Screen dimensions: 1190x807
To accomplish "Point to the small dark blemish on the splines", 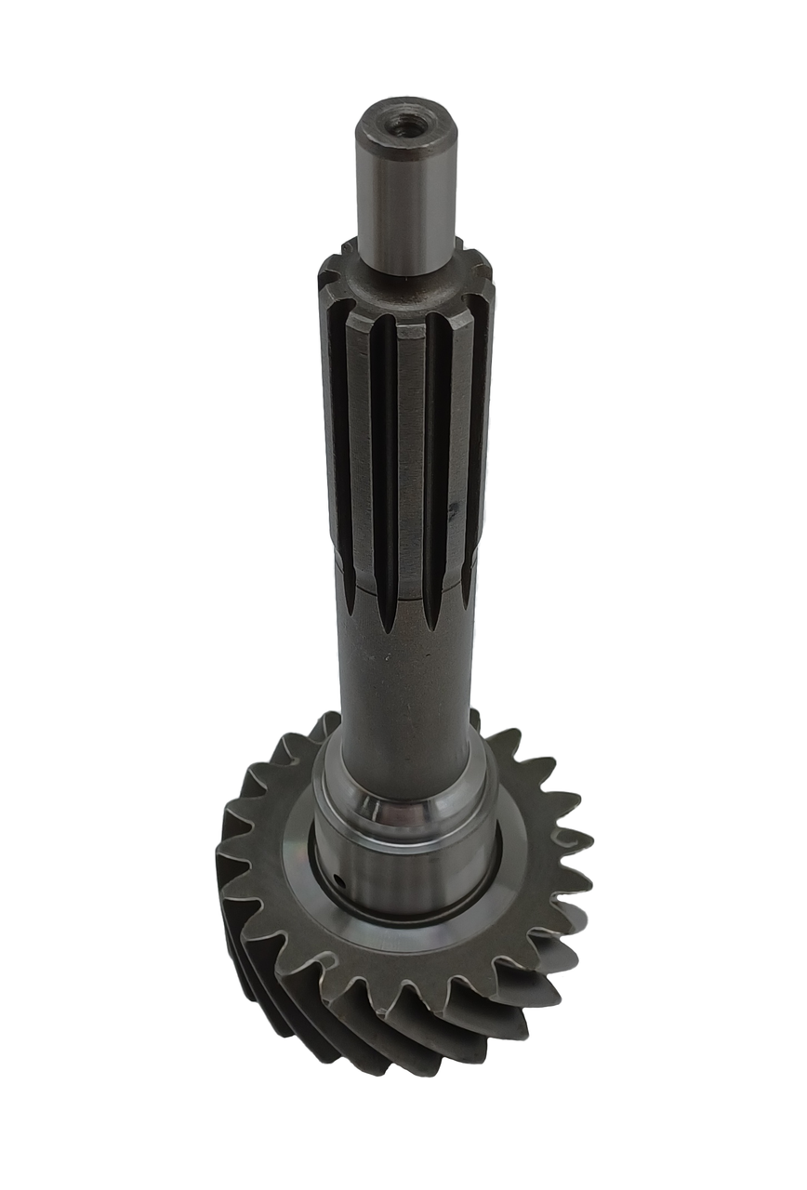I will [453, 509].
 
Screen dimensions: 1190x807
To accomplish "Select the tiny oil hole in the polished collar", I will [340, 879].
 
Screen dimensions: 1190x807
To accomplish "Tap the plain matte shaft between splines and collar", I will [406, 688].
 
